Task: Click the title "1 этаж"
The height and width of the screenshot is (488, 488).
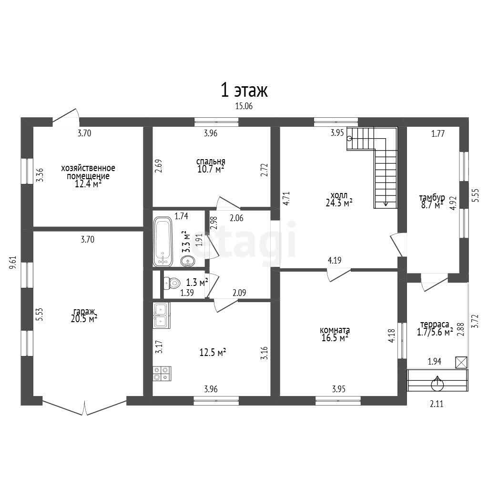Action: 244,90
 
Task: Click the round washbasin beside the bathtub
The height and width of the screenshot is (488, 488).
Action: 188,261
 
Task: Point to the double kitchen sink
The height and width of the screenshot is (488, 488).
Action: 161,315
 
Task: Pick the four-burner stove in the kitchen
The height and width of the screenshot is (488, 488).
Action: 162,374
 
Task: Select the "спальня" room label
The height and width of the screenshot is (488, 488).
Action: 211,162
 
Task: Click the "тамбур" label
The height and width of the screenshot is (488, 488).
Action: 432,198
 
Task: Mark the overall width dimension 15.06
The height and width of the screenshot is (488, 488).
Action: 244,106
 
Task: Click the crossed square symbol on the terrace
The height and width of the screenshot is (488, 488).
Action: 461,363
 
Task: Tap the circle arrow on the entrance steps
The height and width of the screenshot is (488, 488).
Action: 437,384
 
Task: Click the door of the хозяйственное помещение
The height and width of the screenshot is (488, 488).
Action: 66,115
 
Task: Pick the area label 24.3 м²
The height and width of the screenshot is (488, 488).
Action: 339,203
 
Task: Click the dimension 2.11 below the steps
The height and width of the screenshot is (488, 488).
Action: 437,404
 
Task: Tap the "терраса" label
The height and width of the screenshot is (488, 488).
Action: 435,324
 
